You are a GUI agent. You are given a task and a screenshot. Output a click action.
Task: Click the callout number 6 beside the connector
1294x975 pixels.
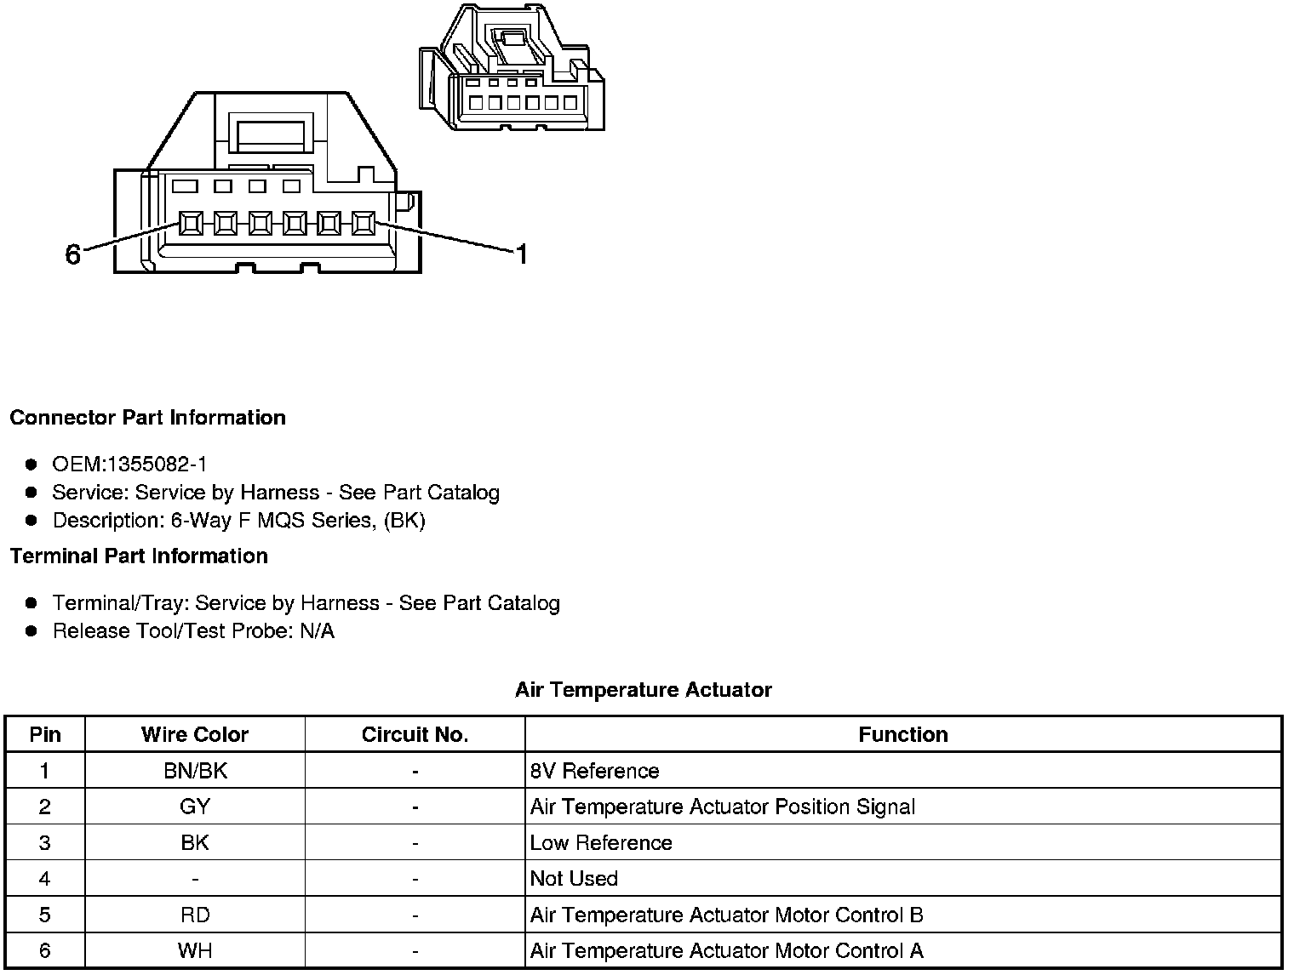72,254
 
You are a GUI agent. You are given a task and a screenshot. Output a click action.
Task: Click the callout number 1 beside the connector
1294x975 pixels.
522,254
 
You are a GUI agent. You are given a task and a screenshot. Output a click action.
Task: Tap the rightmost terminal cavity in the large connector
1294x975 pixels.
364,224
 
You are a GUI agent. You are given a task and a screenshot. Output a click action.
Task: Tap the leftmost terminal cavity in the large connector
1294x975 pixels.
191,224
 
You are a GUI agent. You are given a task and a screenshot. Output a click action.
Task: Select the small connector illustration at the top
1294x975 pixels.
512,68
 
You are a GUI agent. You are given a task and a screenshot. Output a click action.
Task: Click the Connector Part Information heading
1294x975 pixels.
147,418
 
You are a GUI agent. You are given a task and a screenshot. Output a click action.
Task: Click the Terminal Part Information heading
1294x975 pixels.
139,556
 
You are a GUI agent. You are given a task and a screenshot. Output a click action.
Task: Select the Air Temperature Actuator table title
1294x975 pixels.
643,690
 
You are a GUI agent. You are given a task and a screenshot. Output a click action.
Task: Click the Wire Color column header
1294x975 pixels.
195,735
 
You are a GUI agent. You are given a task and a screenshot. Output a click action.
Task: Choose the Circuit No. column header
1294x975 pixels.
415,735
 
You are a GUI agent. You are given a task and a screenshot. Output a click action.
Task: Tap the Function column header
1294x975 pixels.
902,735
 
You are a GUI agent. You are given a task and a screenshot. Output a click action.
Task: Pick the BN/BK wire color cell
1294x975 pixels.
195,771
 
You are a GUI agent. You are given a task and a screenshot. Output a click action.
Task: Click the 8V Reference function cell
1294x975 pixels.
594,771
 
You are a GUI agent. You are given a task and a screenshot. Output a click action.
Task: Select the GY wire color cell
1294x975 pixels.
195,807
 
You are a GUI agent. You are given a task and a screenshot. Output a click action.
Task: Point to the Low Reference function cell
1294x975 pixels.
601,843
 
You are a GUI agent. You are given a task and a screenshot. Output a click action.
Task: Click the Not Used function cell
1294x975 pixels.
574,879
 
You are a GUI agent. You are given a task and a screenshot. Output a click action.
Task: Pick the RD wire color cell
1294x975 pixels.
195,915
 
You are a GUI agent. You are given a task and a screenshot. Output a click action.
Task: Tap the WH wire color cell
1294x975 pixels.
195,950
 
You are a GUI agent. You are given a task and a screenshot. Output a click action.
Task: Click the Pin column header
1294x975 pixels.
45,735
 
